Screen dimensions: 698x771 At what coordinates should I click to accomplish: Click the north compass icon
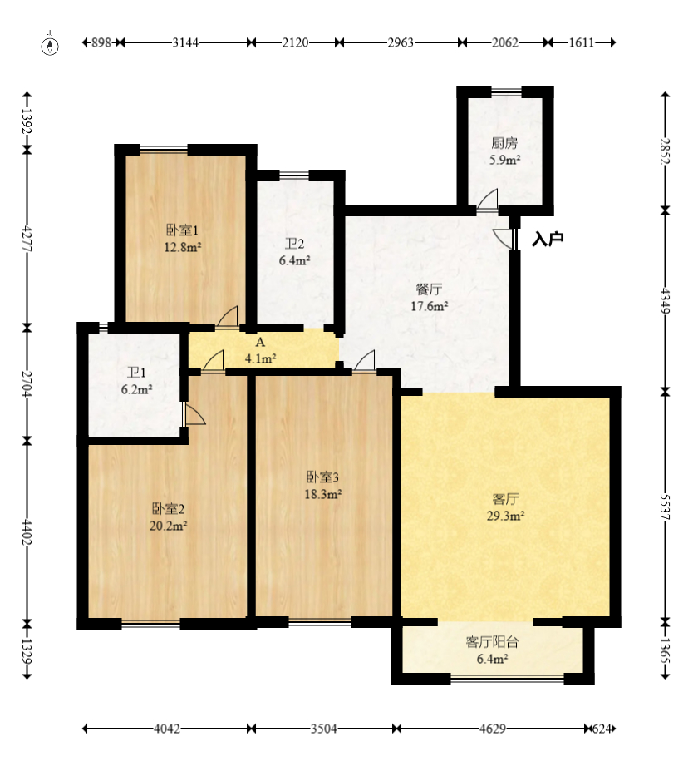pyautogui.click(x=50, y=45)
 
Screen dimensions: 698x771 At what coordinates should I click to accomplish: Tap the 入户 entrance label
pyautogui.click(x=548, y=240)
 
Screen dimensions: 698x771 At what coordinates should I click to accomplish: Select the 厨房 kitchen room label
pyautogui.click(x=504, y=143)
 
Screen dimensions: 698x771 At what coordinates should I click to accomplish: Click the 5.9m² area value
pyautogui.click(x=504, y=160)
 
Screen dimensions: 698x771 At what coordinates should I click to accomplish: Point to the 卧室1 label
pyautogui.click(x=182, y=230)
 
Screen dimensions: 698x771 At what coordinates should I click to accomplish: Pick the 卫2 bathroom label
pyautogui.click(x=295, y=244)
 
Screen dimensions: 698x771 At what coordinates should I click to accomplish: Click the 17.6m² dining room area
pyautogui.click(x=430, y=306)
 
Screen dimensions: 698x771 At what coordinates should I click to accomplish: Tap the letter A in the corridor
pyautogui.click(x=260, y=342)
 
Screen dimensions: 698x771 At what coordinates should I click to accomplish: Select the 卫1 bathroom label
pyautogui.click(x=136, y=373)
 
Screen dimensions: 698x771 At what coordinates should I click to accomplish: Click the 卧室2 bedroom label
pyautogui.click(x=168, y=508)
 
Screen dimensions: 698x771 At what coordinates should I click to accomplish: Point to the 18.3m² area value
pyautogui.click(x=322, y=494)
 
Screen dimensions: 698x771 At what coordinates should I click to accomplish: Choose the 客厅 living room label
pyautogui.click(x=505, y=499)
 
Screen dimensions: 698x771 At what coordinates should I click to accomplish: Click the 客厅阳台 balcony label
pyautogui.click(x=492, y=642)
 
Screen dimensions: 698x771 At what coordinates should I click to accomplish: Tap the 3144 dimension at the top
pyautogui.click(x=185, y=42)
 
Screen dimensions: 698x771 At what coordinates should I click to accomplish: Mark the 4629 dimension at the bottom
pyautogui.click(x=492, y=729)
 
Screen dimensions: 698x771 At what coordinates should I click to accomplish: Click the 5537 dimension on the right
pyautogui.click(x=665, y=506)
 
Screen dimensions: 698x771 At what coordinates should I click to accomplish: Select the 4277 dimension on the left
pyautogui.click(x=27, y=239)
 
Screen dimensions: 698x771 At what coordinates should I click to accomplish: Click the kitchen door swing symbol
pyautogui.click(x=488, y=199)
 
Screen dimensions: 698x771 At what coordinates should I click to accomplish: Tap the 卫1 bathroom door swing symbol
pyautogui.click(x=194, y=414)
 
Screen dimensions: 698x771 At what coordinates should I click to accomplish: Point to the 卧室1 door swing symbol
pyautogui.click(x=228, y=316)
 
